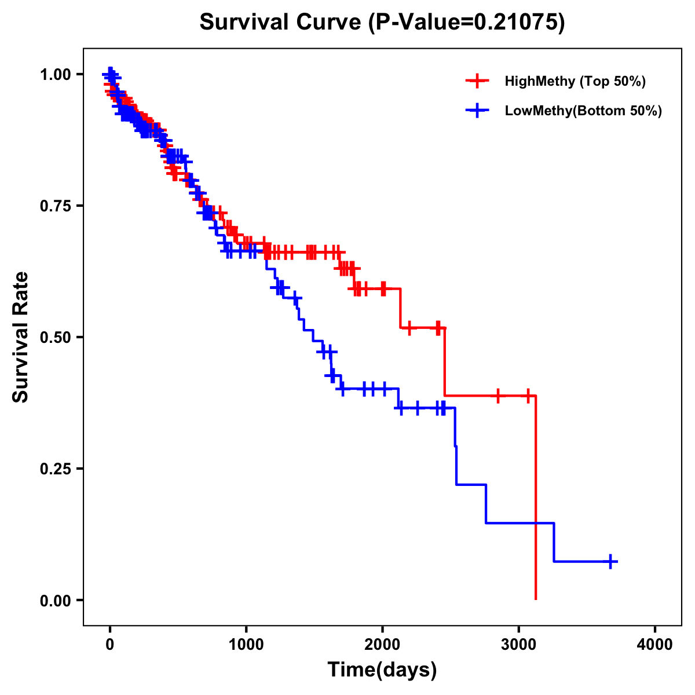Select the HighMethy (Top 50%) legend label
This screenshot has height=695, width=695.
point(575,81)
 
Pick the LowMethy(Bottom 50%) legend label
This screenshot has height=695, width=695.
point(583,111)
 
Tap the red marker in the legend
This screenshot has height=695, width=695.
point(477,81)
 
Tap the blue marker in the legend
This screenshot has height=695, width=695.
point(477,111)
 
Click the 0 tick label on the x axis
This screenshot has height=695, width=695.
point(110,645)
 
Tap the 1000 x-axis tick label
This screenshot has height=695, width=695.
point(246,645)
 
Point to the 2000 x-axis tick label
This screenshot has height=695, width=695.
point(382,645)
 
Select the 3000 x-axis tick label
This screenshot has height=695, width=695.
point(519,645)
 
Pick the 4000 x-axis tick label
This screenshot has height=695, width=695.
point(655,645)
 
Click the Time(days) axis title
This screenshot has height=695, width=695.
point(382,670)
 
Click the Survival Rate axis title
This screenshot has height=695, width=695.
point(21,336)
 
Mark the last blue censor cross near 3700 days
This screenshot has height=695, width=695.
point(610,561)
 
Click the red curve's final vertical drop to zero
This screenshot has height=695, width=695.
point(536,498)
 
